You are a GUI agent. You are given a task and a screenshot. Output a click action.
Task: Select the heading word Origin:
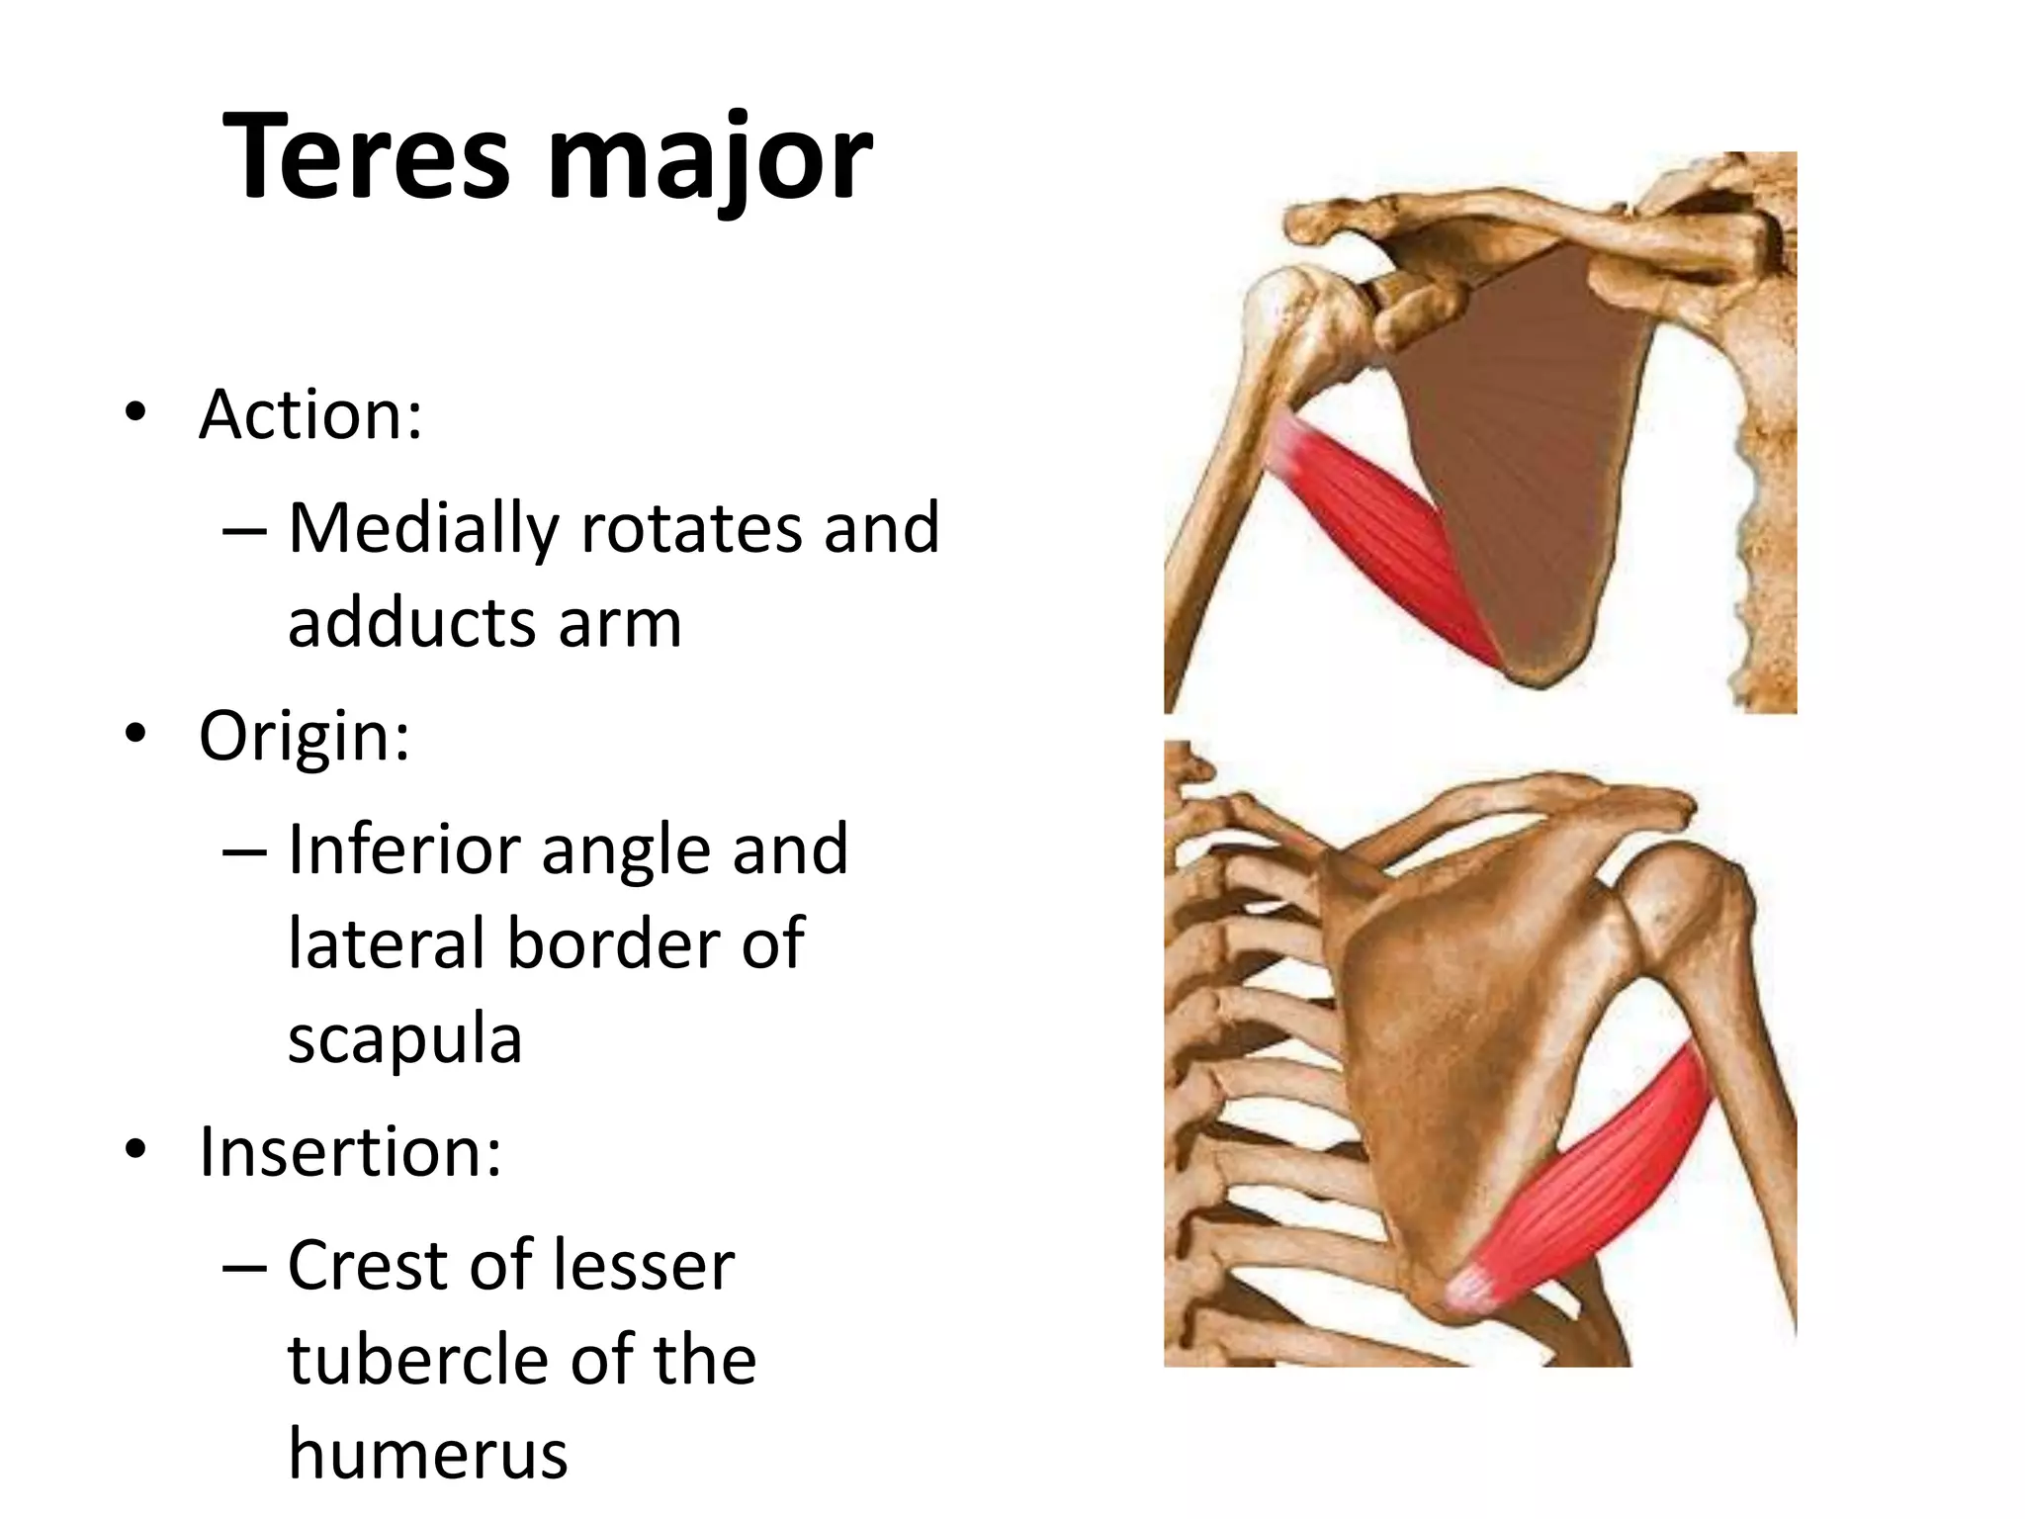coord(305,736)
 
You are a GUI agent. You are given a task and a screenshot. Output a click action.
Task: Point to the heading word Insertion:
coord(350,1152)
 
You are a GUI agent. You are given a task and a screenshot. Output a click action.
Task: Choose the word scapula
coord(404,1039)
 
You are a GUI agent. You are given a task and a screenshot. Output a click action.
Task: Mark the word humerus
coord(427,1454)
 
